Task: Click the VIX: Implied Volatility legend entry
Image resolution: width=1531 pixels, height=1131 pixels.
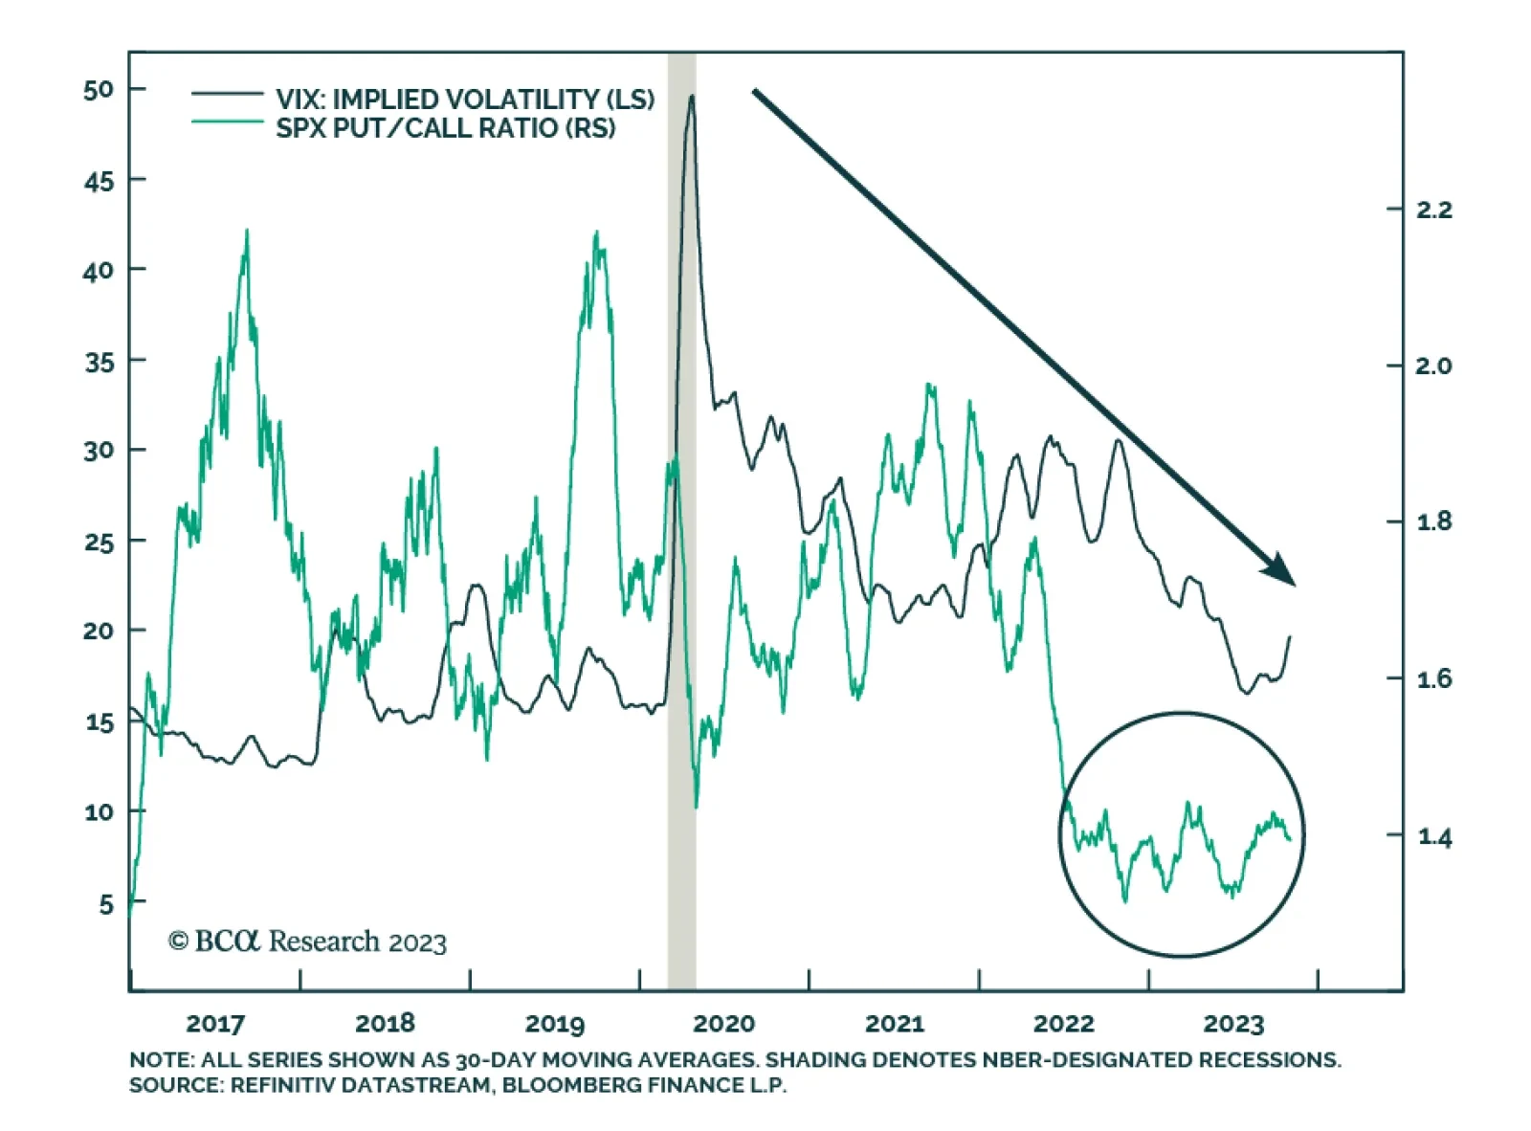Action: coord(465,99)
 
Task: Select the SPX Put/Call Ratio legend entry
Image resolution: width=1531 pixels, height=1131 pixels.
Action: coord(445,127)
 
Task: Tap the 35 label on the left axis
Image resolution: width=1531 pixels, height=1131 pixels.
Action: coord(99,362)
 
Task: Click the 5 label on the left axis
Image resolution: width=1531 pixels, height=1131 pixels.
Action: coord(105,904)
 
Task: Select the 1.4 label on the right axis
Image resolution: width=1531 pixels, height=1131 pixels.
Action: coord(1433,837)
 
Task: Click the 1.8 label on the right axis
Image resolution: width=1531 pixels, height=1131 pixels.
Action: coord(1433,522)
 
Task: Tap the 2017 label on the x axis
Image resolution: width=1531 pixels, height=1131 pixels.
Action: coord(215,1024)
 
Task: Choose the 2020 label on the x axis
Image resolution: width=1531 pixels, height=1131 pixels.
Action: coord(723,1024)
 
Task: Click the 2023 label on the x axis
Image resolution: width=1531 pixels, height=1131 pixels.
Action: coord(1233,1024)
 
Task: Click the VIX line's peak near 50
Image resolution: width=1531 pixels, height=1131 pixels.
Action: coord(691,96)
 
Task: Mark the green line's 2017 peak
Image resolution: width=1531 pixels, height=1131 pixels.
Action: coord(247,231)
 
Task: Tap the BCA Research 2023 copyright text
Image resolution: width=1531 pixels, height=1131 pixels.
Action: coord(307,942)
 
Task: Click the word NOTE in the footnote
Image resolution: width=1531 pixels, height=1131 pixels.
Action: coord(161,1060)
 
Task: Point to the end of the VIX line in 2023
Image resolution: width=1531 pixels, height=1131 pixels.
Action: coord(1290,637)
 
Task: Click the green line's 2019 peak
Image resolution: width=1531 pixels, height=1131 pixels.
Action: coord(596,233)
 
